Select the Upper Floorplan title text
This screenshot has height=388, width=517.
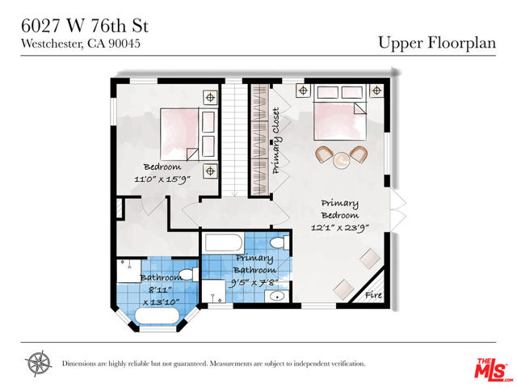[436, 43]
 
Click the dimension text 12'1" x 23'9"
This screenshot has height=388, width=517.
[339, 228]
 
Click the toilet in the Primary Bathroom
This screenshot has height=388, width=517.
[278, 242]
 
